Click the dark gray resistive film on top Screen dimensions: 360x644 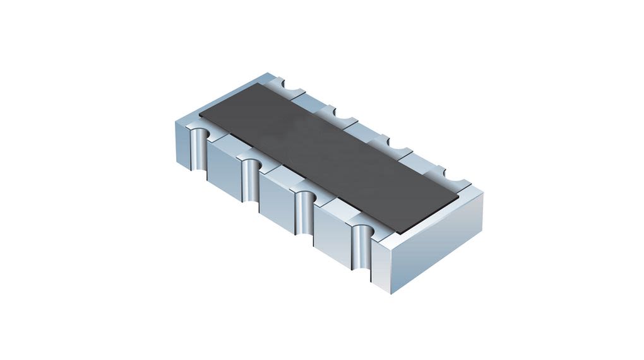pos(328,158)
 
